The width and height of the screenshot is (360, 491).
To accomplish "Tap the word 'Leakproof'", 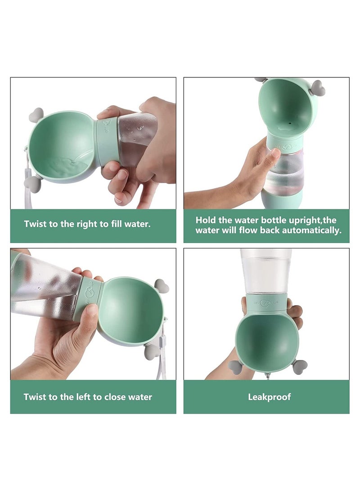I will [269, 396].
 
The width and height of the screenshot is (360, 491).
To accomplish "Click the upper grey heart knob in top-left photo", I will [36, 115].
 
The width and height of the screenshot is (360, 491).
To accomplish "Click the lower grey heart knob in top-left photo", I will [34, 183].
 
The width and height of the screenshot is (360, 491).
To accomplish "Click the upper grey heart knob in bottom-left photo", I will [161, 285].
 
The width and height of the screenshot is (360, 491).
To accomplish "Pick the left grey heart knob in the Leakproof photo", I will [235, 366].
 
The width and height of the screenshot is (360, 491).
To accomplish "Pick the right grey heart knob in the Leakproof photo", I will [300, 366].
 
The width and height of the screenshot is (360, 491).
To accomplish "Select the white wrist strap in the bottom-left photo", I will [162, 365].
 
